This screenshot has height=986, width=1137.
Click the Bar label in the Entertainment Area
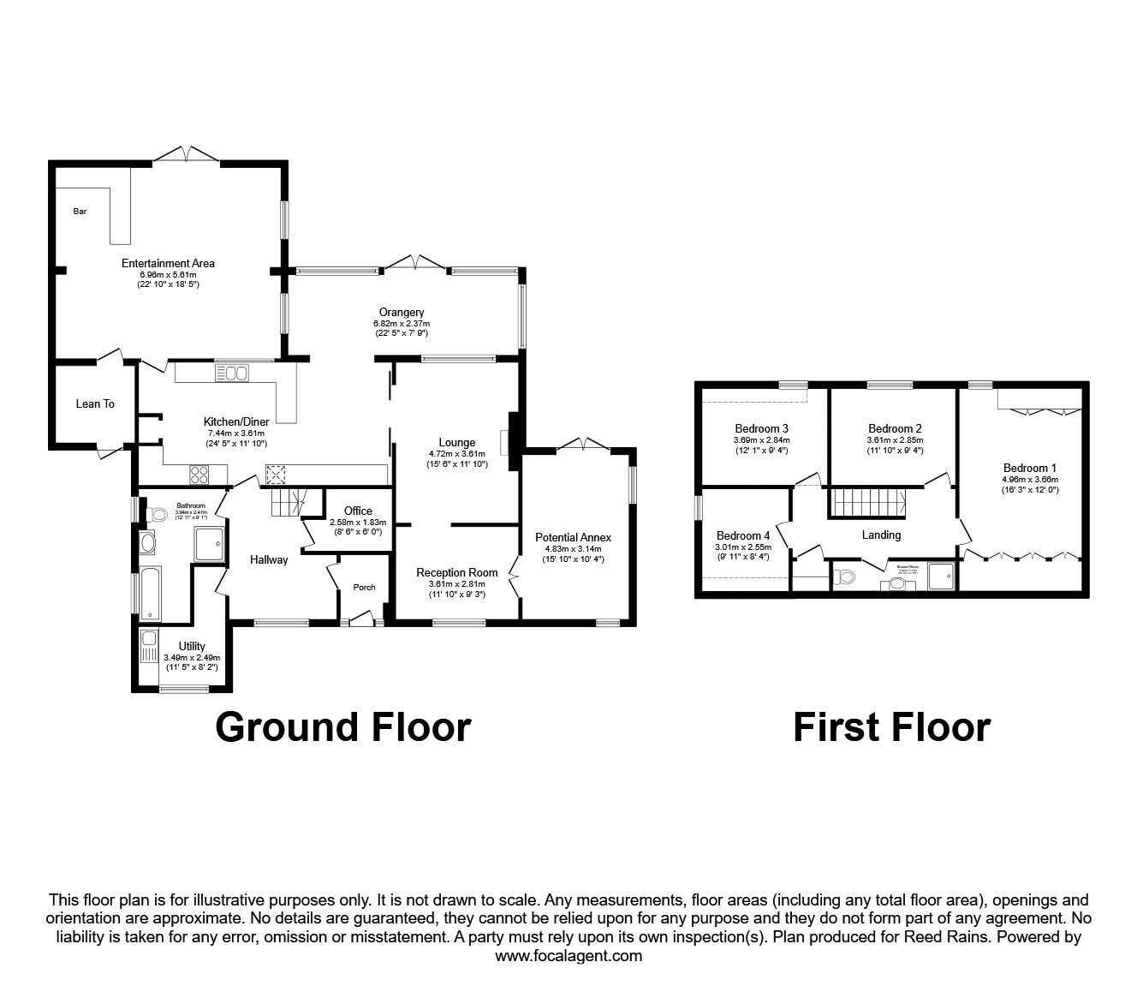[80, 211]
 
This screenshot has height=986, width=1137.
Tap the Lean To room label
[95, 403]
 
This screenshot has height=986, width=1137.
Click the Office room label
[358, 511]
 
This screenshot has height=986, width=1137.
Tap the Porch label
[364, 587]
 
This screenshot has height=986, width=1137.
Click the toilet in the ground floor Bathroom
[156, 515]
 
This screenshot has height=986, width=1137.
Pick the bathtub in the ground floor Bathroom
[149, 592]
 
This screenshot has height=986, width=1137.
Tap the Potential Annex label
[573, 537]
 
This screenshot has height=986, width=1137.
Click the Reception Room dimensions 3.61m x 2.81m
[456, 583]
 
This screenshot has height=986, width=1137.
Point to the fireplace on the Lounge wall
[506, 441]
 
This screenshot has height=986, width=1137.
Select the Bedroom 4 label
[742, 535]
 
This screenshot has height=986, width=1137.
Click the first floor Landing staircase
[869, 501]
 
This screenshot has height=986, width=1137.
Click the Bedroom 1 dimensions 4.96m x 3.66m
[1029, 480]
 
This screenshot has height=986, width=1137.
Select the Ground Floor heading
[342, 726]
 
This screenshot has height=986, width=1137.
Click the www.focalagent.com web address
[568, 956]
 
